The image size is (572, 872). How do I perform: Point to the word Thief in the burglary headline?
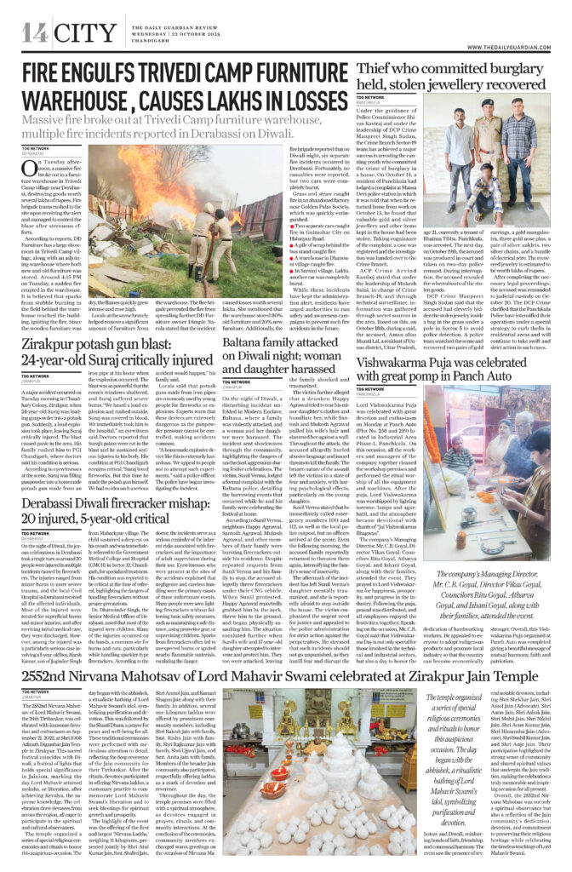pos(377,72)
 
